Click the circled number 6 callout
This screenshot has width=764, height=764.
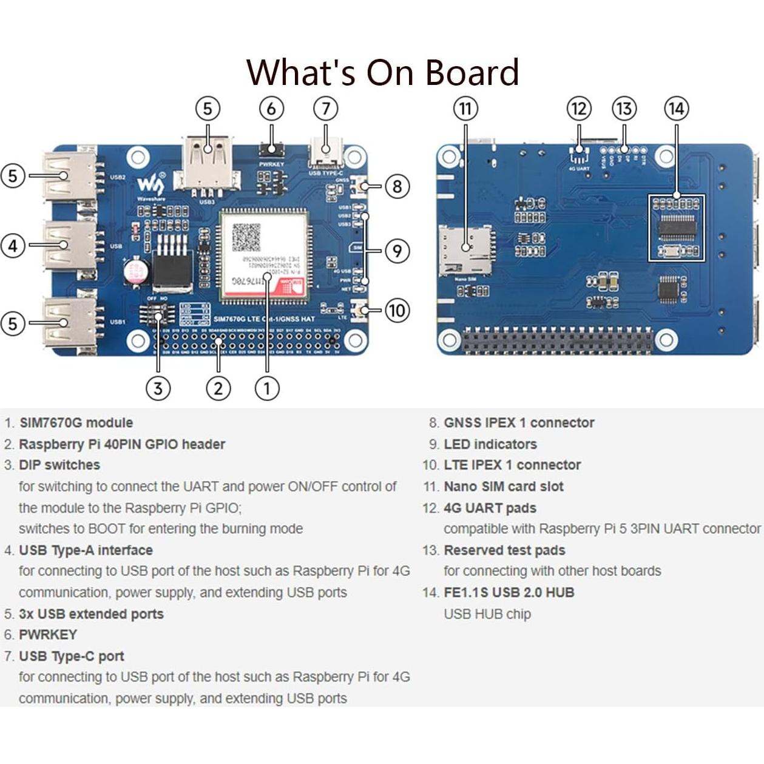pyautogui.click(x=271, y=109)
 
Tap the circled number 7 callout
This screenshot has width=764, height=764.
pyautogui.click(x=326, y=109)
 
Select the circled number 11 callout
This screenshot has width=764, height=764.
pyautogui.click(x=465, y=109)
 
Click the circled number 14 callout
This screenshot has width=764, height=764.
pyautogui.click(x=676, y=109)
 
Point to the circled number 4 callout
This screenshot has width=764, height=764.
pyautogui.click(x=13, y=246)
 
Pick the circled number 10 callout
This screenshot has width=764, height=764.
pyautogui.click(x=396, y=311)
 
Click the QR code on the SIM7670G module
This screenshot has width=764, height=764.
pyautogui.click(x=246, y=237)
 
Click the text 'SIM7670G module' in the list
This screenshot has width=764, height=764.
pyautogui.click(x=76, y=423)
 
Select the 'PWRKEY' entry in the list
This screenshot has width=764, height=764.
pyautogui.click(x=48, y=635)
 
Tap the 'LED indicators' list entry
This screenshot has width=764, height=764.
pyautogui.click(x=490, y=444)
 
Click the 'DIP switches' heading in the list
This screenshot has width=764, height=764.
pyautogui.click(x=59, y=465)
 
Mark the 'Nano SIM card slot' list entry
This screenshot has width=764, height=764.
pyautogui.click(x=503, y=487)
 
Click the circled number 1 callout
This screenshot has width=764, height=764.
pyautogui.click(x=267, y=388)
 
